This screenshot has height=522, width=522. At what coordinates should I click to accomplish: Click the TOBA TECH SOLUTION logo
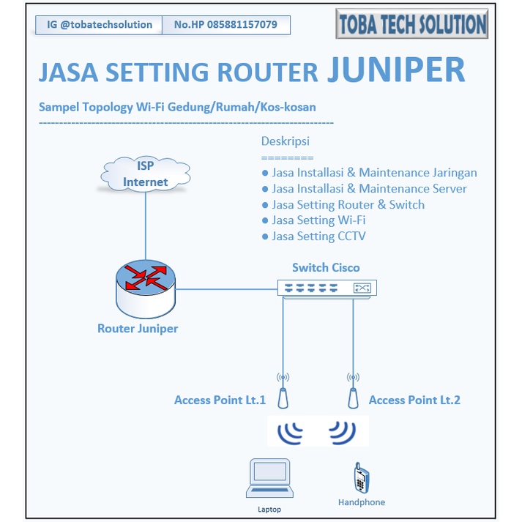(x=412, y=23)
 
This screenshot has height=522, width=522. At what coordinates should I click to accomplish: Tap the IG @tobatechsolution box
(x=98, y=25)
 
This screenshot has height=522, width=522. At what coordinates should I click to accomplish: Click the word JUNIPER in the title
(x=395, y=70)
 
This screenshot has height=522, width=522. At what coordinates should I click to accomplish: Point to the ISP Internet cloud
(x=145, y=175)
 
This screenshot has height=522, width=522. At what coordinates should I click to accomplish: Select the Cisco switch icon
(x=326, y=288)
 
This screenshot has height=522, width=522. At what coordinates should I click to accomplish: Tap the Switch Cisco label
(x=326, y=267)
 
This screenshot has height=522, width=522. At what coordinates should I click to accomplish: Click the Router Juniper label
(x=138, y=329)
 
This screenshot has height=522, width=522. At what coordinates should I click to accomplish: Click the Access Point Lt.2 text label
(x=414, y=400)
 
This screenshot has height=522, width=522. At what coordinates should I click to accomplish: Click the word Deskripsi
(x=286, y=141)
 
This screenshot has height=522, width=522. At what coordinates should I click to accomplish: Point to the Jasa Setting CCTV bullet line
(x=318, y=236)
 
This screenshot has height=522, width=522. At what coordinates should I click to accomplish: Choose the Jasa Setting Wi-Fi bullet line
(x=318, y=220)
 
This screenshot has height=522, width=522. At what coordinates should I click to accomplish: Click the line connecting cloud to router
(x=145, y=227)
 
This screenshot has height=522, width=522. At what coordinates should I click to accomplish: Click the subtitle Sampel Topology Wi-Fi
(x=177, y=107)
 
